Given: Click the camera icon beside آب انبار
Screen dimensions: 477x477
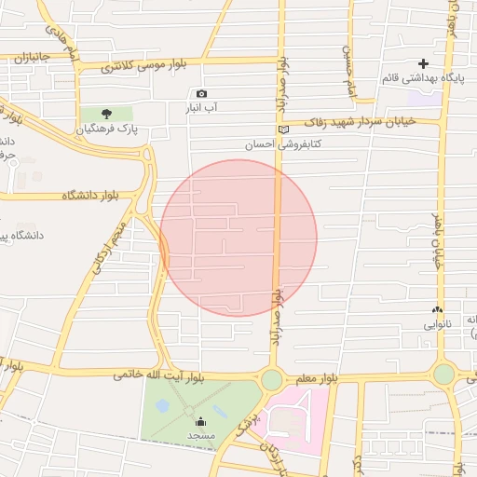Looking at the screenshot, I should click(x=202, y=93).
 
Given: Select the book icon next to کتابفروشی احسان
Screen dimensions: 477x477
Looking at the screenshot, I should click(x=284, y=129).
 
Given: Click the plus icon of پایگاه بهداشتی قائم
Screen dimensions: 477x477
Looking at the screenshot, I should click(x=424, y=63).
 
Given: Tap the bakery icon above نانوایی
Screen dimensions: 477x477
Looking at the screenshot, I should click(x=437, y=310).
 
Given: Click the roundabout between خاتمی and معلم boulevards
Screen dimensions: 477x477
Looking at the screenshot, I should click(x=272, y=379).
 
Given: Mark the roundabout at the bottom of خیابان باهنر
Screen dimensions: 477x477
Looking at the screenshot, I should click(x=443, y=375).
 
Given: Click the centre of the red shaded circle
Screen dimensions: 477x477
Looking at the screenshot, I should click(x=238, y=238).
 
